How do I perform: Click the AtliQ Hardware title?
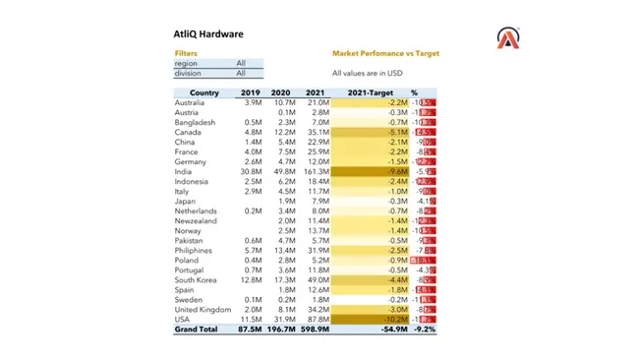pos(208,34)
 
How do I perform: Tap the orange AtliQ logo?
pos(507,39)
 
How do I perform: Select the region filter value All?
pos(241,64)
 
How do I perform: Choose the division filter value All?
pos(241,74)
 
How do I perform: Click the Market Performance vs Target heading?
pos(385,54)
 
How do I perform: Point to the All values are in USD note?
pos(367,73)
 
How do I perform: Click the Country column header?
pos(203,93)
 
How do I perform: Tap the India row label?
pos(184,172)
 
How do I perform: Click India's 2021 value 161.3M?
pos(317,172)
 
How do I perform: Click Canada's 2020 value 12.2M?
pos(284,133)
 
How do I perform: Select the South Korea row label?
pos(196,280)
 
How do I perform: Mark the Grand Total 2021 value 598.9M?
pos(315,330)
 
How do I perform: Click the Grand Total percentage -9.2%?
pos(424,330)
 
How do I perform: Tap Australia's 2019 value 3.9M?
pos(253,103)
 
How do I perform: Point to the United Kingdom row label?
pos(203,310)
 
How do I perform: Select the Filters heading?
pos(186,54)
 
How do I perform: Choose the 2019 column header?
pos(251,93)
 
